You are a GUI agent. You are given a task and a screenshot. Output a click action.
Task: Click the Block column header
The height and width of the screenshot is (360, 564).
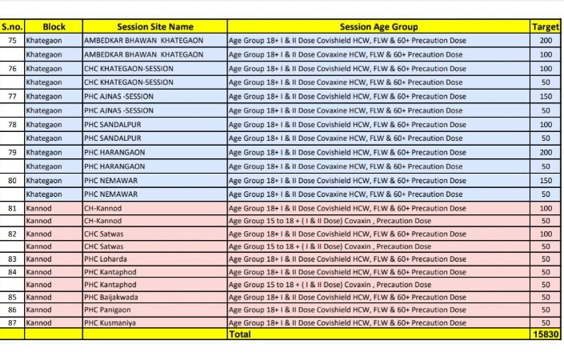[53, 26]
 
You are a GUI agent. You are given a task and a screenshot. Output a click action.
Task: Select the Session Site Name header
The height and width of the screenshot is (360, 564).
[154, 26]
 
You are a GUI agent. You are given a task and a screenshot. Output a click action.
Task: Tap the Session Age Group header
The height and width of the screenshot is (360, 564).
[378, 26]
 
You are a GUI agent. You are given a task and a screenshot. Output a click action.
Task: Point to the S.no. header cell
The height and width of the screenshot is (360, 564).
[12, 26]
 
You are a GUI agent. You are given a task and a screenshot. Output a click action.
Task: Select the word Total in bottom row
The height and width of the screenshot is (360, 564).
[240, 334]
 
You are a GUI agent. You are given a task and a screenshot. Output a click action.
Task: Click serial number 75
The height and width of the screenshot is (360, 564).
[12, 40]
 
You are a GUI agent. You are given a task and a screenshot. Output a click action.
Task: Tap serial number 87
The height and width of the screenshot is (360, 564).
[12, 322]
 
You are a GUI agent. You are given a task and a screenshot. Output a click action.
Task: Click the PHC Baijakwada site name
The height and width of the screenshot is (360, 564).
[111, 296]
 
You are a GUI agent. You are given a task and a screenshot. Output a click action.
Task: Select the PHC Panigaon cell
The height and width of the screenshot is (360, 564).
[109, 309]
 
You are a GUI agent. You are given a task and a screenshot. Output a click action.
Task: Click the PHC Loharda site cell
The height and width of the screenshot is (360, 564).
[106, 258]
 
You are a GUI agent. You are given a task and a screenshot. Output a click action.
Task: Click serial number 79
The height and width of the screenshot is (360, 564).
[12, 152]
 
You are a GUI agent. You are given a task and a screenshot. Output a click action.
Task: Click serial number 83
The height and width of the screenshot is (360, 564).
[12, 258]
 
